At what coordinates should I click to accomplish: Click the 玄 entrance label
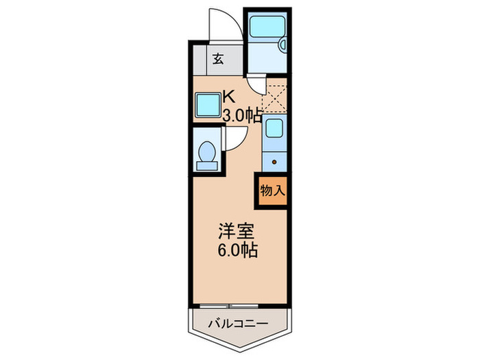217,59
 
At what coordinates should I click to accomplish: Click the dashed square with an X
274,97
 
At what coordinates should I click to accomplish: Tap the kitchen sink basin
274,129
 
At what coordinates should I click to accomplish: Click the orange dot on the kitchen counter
274,162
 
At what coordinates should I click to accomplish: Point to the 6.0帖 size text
238,250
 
